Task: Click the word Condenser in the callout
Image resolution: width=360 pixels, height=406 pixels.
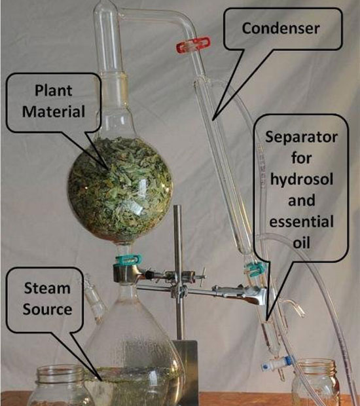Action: [x=281, y=28]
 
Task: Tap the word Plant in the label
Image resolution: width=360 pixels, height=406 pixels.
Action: [x=53, y=90]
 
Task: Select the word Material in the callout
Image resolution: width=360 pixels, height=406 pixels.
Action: [x=53, y=111]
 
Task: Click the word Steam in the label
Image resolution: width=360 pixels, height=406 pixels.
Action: [x=47, y=288]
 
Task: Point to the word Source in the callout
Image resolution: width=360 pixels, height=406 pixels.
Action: [x=47, y=309]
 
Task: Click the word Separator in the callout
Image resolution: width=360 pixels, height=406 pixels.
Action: [x=301, y=138]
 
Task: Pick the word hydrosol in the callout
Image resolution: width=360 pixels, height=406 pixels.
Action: [x=302, y=179]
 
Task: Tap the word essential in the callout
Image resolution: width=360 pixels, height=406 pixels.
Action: [x=302, y=221]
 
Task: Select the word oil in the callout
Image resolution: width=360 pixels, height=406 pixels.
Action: [x=302, y=242]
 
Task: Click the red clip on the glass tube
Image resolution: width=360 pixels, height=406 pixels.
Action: [x=193, y=45]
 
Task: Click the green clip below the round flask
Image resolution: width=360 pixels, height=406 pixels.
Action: [x=129, y=260]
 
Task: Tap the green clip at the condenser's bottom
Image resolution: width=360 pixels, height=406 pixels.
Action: [x=255, y=268]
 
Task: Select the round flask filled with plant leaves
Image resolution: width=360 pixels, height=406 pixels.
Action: [x=120, y=189]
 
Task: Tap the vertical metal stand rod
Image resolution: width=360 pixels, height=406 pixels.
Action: [x=178, y=272]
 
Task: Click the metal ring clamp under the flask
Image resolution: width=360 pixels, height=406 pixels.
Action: [x=127, y=274]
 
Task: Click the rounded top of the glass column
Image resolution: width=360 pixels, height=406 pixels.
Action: [x=106, y=8]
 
